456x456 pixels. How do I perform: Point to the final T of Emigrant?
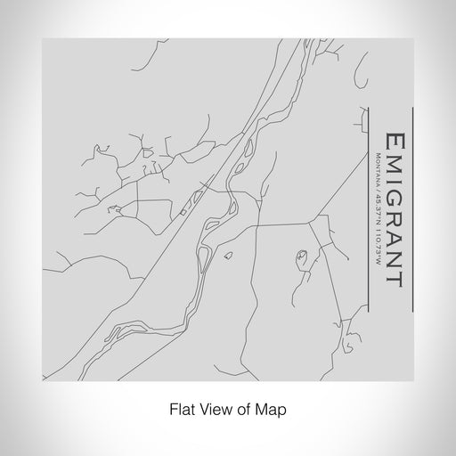tap(392, 278)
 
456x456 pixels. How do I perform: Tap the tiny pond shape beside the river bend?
tap(228, 256)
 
